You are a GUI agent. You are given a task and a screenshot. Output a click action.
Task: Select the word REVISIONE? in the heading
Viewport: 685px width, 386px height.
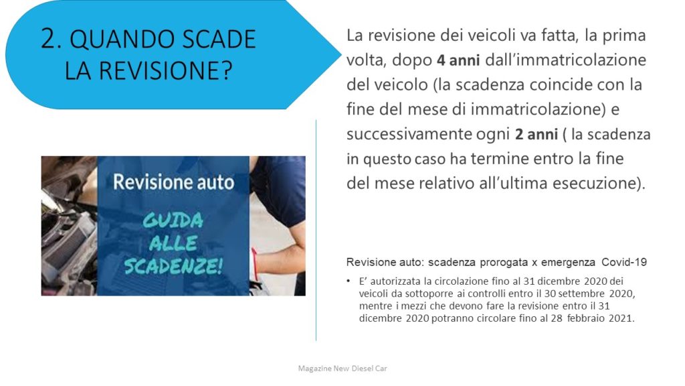pyautogui.click(x=167, y=70)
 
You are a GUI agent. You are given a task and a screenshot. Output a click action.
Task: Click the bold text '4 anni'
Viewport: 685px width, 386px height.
pyautogui.click(x=458, y=60)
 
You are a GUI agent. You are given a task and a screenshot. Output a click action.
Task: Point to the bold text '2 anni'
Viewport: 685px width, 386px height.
pyautogui.click(x=536, y=134)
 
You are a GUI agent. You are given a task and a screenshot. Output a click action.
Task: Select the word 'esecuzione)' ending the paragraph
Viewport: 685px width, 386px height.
pyautogui.click(x=599, y=184)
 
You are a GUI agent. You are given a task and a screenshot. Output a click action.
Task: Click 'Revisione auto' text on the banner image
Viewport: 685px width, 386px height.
pyautogui.click(x=173, y=182)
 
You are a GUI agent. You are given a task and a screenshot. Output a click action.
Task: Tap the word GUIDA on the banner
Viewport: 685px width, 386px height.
pyautogui.click(x=173, y=220)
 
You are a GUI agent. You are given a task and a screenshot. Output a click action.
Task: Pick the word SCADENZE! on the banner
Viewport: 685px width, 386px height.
pyautogui.click(x=173, y=265)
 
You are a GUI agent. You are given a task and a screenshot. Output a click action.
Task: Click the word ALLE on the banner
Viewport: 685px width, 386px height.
pyautogui.click(x=173, y=243)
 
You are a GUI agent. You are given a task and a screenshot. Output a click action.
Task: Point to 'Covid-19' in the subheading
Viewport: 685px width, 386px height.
pyautogui.click(x=624, y=262)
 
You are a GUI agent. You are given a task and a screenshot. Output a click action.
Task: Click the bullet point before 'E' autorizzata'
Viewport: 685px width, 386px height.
pyautogui.click(x=349, y=281)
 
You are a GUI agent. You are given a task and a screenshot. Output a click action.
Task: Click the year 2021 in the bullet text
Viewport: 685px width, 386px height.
pyautogui.click(x=620, y=318)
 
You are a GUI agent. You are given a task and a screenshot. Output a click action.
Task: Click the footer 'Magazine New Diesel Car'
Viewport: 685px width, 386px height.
pyautogui.click(x=342, y=369)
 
